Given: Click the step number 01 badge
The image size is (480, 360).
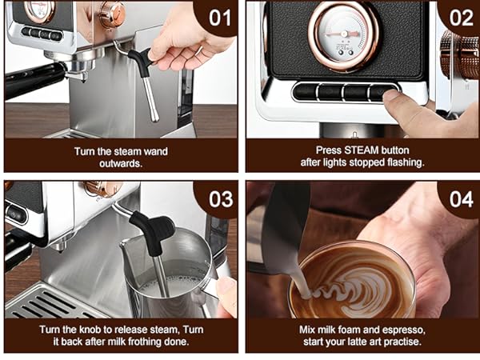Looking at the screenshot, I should [x=217, y=17].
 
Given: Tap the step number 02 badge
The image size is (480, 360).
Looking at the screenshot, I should [x=458, y=17].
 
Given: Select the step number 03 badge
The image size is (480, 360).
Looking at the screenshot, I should [x=217, y=198].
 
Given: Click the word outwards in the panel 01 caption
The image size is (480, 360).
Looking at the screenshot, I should [x=120, y=163].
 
